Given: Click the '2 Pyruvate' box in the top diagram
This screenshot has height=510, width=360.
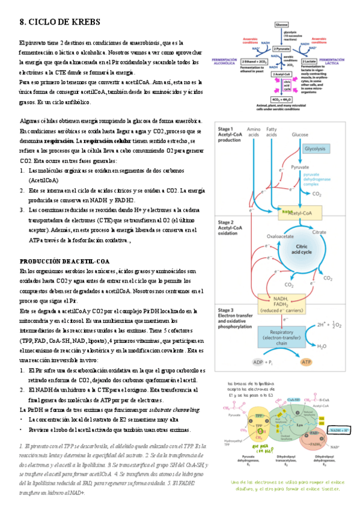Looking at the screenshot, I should coord(282,48).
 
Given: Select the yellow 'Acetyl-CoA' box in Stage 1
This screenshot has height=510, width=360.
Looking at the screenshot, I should coord(296,213).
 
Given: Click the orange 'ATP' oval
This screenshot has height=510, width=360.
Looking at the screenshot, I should coord(307,363).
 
